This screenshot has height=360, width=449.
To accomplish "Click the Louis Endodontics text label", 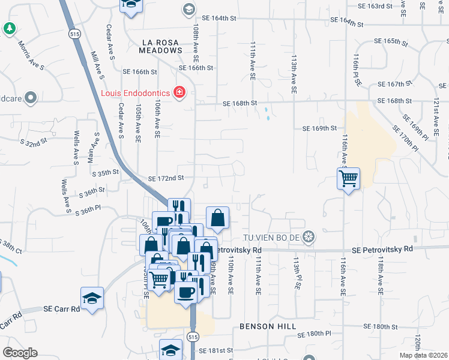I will tap(135, 93).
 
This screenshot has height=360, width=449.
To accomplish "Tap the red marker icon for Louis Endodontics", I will tap(179, 92).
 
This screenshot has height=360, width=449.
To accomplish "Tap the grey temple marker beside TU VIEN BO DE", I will tap(309, 236).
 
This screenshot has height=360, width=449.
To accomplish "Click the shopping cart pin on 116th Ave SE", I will tap(349, 179).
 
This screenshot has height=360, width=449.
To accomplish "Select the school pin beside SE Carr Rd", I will tap(92, 298).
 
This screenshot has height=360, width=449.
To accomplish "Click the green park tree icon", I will tap(9, 28).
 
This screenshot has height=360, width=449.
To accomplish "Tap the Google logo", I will tap(20, 353).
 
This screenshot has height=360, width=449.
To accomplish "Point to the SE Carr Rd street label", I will tap(62, 309).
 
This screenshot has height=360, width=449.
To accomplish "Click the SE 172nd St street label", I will tap(165, 178).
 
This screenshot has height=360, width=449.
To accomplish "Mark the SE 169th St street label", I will tap(319, 128).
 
